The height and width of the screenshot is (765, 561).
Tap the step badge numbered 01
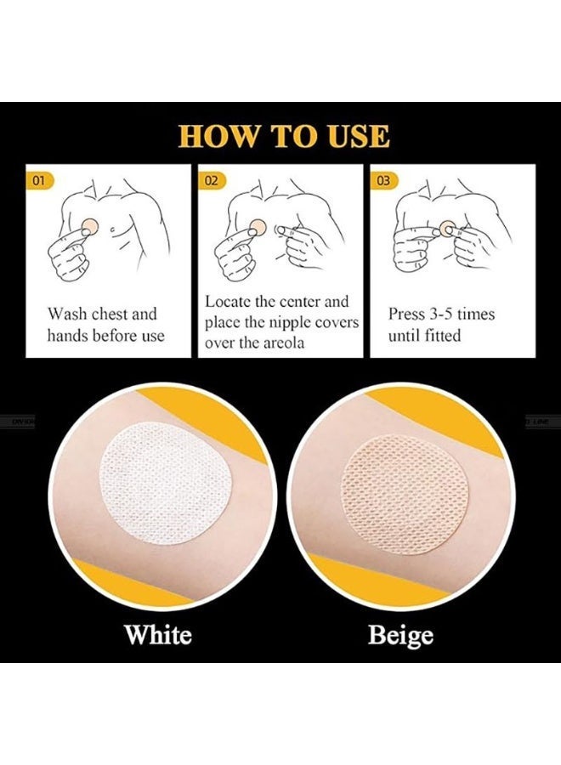38,180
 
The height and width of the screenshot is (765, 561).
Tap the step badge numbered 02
212,180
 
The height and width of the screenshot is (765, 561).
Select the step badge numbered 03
384,180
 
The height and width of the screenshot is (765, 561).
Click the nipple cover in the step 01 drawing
90,226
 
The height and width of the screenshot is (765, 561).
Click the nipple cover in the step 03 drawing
446,228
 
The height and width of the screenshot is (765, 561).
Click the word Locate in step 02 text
228,302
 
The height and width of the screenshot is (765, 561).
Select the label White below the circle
158,635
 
